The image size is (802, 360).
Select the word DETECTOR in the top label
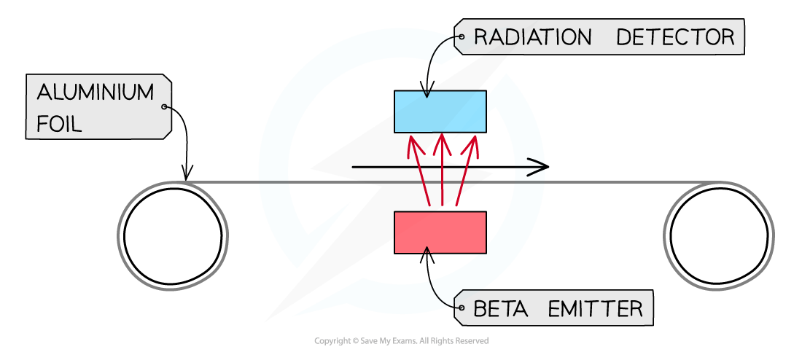click(675, 37)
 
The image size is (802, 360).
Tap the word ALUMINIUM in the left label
click(96, 93)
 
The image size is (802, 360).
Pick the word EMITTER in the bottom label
click(594, 309)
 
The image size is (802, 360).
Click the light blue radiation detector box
click(440, 111)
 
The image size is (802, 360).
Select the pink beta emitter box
click(440, 232)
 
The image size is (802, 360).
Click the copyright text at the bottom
click(401, 341)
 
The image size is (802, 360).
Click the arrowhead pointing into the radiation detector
click(425, 93)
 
